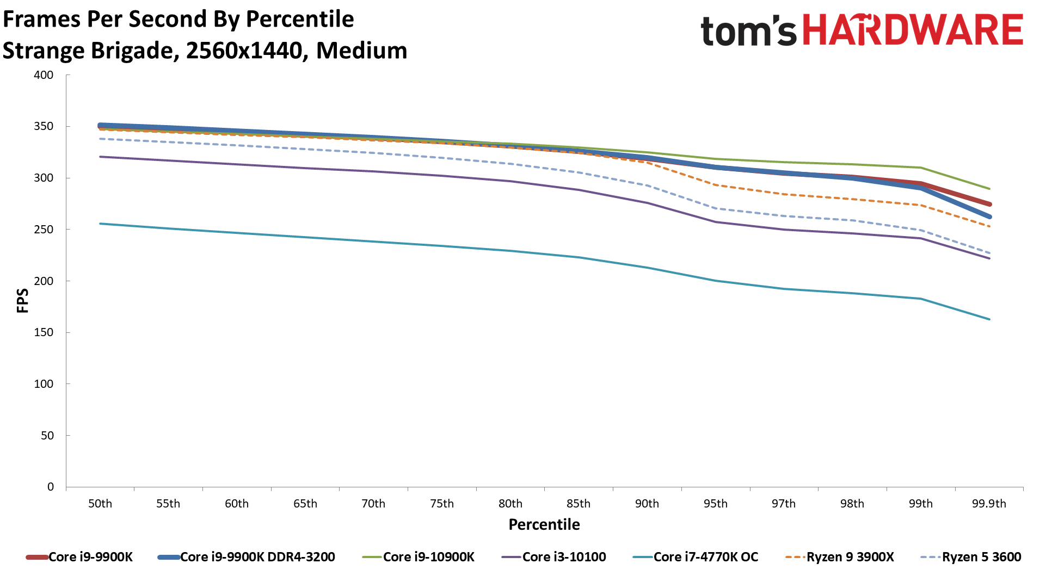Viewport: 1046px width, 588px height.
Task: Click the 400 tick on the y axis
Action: (x=44, y=75)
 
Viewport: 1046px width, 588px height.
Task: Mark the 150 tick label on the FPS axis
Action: (x=44, y=332)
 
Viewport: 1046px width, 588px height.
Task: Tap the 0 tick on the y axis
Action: (x=51, y=487)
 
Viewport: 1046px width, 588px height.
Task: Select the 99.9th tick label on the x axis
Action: (x=989, y=504)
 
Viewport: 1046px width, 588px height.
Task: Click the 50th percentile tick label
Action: (x=100, y=504)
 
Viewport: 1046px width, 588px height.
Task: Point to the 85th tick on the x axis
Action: (x=579, y=504)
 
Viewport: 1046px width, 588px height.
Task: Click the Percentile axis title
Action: (x=544, y=524)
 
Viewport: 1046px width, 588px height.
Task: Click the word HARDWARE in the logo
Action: (x=913, y=30)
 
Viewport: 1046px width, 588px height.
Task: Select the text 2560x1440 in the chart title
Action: (x=244, y=51)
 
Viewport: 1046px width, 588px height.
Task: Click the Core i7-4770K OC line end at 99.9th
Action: (x=989, y=319)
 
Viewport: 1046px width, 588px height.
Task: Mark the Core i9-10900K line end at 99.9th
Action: (x=989, y=189)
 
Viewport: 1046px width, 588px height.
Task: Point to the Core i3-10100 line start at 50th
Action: (x=101, y=157)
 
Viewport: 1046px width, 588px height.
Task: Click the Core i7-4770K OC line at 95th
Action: (x=716, y=281)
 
